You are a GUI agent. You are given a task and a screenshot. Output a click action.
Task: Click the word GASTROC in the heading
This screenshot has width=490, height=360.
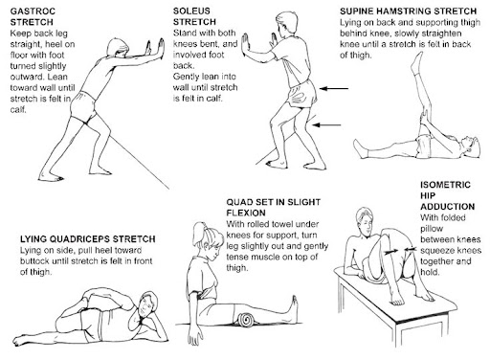tap(33, 11)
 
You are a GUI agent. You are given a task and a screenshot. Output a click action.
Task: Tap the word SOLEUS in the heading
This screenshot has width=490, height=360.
tap(191, 11)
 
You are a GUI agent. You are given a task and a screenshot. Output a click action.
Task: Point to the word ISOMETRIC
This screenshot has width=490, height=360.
tap(445, 185)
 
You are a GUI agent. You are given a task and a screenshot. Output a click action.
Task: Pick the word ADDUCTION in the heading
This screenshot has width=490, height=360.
tap(448, 207)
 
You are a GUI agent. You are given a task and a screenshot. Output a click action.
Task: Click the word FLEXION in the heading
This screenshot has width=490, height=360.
tap(246, 213)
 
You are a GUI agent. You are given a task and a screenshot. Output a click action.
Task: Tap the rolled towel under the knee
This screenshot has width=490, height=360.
tap(246, 319)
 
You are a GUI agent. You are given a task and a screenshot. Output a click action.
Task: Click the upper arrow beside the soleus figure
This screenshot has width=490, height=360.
tap(334, 88)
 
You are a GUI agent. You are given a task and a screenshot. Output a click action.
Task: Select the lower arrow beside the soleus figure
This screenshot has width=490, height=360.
tap(326, 124)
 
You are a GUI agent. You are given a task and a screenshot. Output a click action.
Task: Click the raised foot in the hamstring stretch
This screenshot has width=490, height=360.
tap(417, 62)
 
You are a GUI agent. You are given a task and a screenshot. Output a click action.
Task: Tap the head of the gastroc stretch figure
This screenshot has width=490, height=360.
tap(118, 48)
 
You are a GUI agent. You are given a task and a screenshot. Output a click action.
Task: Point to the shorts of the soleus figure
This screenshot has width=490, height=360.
tap(301, 94)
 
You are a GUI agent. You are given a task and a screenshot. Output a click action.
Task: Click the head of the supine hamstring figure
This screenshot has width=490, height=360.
tap(472, 146)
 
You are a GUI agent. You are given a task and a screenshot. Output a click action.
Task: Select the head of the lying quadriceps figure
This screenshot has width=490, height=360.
tap(147, 304)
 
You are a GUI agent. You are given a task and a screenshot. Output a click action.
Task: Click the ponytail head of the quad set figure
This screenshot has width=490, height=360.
tap(207, 237)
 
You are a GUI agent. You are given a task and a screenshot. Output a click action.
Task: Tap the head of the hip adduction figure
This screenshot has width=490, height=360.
tap(365, 220)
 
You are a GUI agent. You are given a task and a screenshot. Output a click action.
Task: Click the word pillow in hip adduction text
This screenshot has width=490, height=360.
tap(432, 229)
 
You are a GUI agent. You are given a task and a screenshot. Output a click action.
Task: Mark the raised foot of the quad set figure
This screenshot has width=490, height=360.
tap(294, 305)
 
